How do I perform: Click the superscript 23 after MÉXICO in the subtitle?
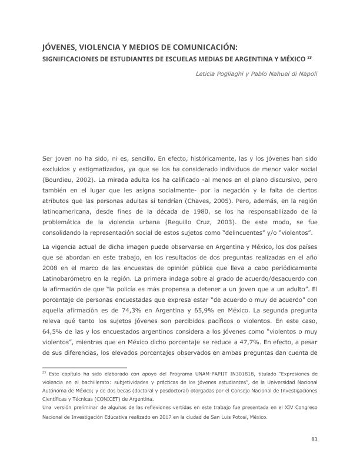click(x=309, y=58)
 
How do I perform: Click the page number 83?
click(x=314, y=439)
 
